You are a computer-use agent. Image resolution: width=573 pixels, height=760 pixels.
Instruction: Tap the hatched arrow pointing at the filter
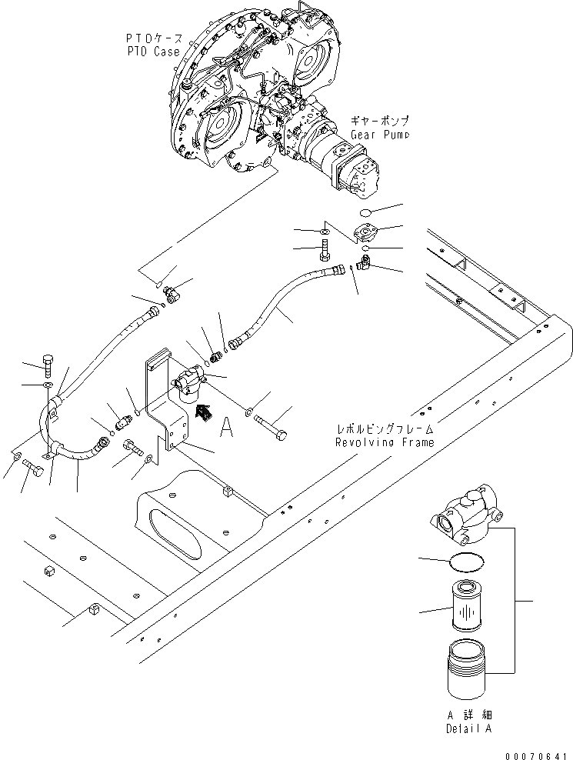pos(205,415)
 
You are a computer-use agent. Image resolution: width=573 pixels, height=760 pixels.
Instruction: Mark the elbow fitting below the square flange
pos(362,265)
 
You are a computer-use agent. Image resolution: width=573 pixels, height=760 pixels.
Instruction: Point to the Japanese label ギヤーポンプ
pos(379,122)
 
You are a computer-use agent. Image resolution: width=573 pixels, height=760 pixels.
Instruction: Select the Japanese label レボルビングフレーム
pos(384,430)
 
